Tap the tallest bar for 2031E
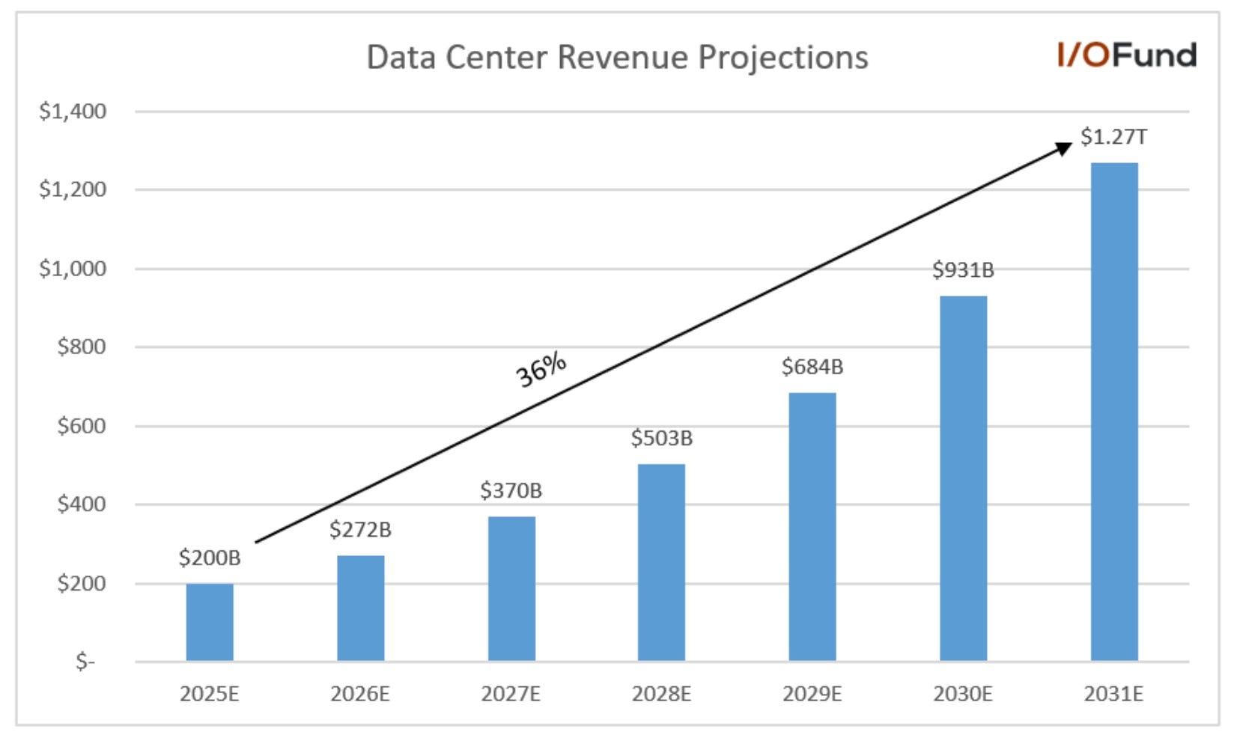pyautogui.click(x=1113, y=412)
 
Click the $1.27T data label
pyautogui.click(x=1113, y=137)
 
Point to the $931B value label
pyautogui.click(x=963, y=270)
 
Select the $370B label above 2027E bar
pyautogui.click(x=511, y=491)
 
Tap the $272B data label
pyautogui.click(x=360, y=530)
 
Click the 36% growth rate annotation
pyautogui.click(x=541, y=369)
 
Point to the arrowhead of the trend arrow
pyautogui.click(x=1064, y=147)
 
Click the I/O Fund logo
pyautogui.click(x=1126, y=55)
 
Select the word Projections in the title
pyautogui.click(x=782, y=58)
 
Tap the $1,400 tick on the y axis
pyautogui.click(x=73, y=112)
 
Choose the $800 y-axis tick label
pyautogui.click(x=82, y=347)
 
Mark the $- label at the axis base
pyautogui.click(x=85, y=662)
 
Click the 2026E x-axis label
pyautogui.click(x=360, y=695)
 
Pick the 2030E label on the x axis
pyautogui.click(x=963, y=695)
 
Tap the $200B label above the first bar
pyautogui.click(x=210, y=558)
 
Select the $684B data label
pyautogui.click(x=812, y=367)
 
